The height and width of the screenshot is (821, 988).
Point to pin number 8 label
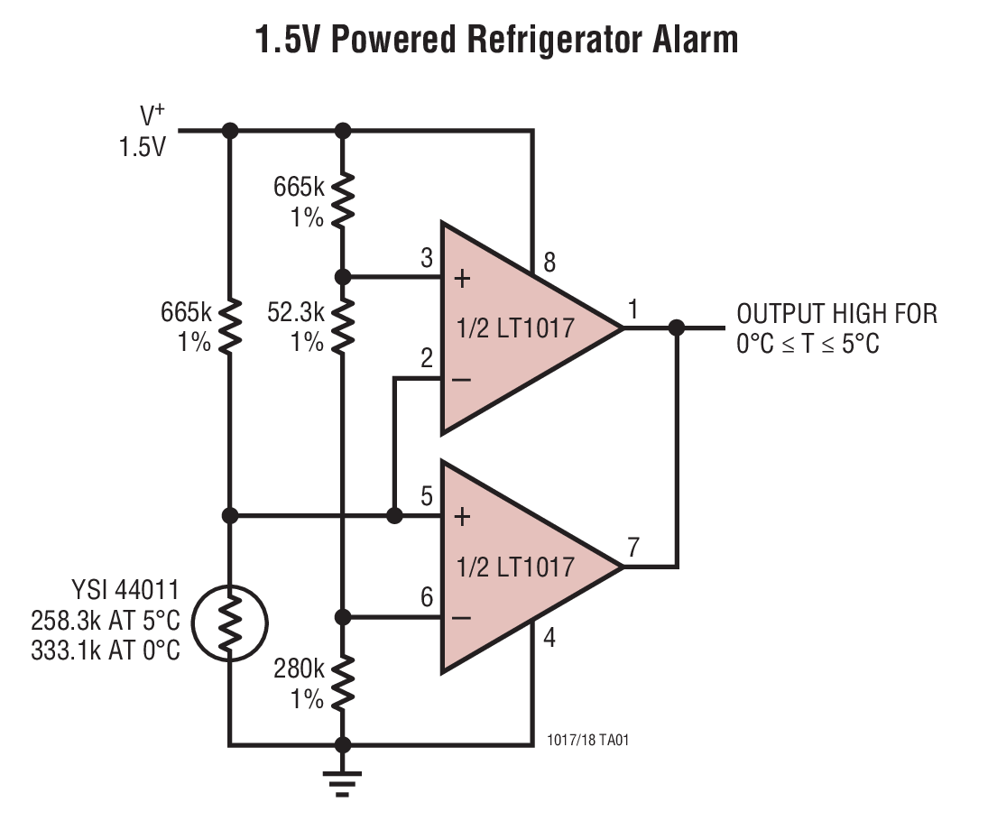point(549,263)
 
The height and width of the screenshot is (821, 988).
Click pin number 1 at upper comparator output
point(633,309)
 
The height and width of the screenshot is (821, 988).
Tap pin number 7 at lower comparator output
point(633,548)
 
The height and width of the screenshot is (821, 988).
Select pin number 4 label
point(549,639)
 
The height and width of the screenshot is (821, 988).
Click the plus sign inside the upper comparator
point(462,278)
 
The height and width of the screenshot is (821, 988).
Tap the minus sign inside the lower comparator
point(462,619)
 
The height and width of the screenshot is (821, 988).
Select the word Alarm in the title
point(694,40)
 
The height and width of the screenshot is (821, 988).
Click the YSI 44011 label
point(125,592)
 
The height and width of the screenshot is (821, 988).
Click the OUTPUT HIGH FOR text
point(836,314)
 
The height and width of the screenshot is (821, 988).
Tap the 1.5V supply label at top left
point(143,147)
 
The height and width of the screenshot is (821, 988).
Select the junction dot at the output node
point(677,327)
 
